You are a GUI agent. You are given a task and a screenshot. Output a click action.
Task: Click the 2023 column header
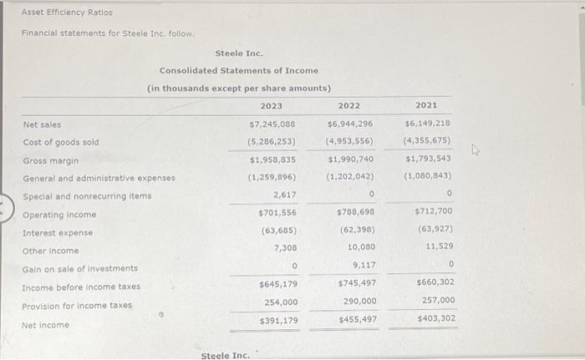(271, 106)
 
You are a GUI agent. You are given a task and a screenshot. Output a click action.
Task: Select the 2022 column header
(349, 106)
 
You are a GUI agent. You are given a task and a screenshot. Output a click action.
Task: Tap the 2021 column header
(426, 106)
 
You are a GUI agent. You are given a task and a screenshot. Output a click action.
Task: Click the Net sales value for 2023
(272, 124)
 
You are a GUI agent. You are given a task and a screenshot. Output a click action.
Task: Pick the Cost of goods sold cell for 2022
(350, 141)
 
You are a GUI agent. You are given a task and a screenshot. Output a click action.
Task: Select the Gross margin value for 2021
(429, 159)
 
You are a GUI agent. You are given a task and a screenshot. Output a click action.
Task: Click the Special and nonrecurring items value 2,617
(284, 195)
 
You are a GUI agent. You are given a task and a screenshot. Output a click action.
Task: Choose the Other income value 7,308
(284, 249)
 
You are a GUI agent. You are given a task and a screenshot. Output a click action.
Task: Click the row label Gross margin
(51, 160)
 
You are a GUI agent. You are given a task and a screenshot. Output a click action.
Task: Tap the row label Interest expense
(58, 233)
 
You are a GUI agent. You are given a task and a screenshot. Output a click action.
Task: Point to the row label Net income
(46, 325)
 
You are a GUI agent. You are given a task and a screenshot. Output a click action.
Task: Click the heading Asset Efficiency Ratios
(67, 13)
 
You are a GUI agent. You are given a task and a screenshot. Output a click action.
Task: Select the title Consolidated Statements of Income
(239, 71)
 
